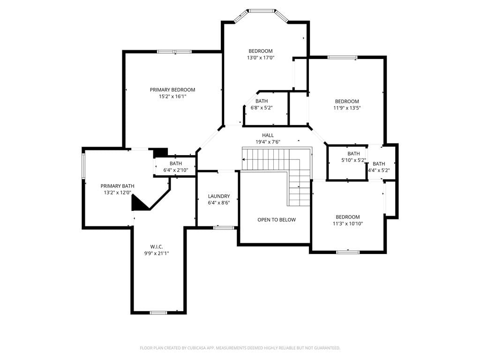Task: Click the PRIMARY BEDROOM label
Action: [x=172, y=90]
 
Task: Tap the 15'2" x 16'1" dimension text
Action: [x=172, y=97]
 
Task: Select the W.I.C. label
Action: [x=157, y=247]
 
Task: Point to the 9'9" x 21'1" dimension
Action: [x=157, y=254]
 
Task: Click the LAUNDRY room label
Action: [x=219, y=196]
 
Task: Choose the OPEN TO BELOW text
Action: [x=277, y=220]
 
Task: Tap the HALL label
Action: [x=268, y=135]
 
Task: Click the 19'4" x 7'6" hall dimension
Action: [x=268, y=142]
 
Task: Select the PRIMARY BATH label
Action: [x=118, y=186]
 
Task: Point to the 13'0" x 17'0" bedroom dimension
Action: [x=261, y=58]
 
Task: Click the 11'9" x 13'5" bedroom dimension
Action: [x=347, y=108]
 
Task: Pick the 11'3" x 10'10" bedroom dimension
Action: [x=348, y=224]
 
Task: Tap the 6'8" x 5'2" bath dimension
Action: [x=262, y=108]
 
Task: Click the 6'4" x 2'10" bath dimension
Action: [x=176, y=170]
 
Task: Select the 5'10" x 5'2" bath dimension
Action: [x=353, y=160]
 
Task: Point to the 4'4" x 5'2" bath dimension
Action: [x=379, y=171]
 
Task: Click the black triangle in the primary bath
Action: [x=138, y=204]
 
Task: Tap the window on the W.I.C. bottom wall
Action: [x=158, y=313]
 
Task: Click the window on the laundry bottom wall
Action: [x=224, y=227]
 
